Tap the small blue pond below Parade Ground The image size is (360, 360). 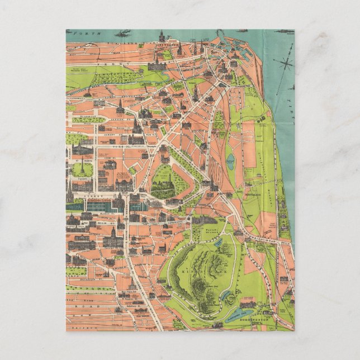217,241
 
